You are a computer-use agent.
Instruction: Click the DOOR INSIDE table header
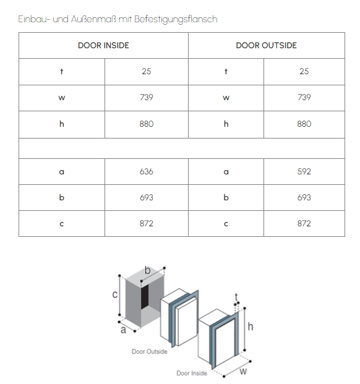click(x=103, y=45)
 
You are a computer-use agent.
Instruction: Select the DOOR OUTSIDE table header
click(x=266, y=45)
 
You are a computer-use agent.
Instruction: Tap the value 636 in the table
click(x=147, y=171)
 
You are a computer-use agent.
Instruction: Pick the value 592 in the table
click(x=304, y=171)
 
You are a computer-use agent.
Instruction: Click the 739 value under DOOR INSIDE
click(x=147, y=98)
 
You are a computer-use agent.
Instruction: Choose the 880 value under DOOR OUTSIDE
click(x=304, y=124)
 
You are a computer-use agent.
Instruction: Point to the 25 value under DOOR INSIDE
click(x=147, y=71)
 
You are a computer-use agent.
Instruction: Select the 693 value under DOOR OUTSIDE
click(x=304, y=197)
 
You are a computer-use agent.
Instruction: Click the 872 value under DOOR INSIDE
click(x=147, y=223)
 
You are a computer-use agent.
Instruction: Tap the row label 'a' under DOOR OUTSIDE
click(x=226, y=172)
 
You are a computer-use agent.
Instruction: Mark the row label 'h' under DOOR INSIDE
click(x=62, y=124)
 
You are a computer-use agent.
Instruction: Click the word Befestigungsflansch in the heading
click(x=176, y=19)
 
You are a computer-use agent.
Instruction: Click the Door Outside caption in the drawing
click(x=150, y=351)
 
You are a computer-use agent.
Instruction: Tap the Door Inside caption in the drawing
click(x=192, y=373)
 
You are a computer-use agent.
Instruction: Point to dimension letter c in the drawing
click(x=115, y=294)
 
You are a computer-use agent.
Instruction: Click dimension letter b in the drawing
click(x=147, y=270)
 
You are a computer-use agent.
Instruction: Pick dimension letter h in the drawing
click(x=251, y=326)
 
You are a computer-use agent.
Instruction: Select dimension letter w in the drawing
click(x=243, y=372)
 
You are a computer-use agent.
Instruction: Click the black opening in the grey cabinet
click(x=145, y=296)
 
